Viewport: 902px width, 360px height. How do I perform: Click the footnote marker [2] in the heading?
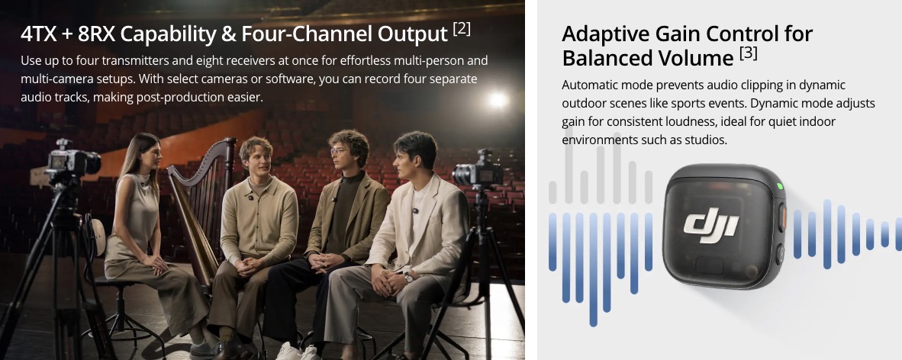[x=462, y=30]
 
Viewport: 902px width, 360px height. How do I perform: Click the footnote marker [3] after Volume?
[x=748, y=54]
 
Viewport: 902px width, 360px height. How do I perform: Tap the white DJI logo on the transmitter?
[x=711, y=222]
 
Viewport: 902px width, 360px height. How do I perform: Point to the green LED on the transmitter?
[x=780, y=186]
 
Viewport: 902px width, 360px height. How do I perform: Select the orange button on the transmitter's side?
[x=782, y=219]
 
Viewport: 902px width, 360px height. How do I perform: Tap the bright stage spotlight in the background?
[x=497, y=100]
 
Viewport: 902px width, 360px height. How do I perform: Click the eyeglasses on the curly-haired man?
[x=339, y=151]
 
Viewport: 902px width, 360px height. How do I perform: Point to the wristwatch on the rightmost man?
[x=408, y=277]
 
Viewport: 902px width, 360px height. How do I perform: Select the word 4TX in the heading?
[x=39, y=34]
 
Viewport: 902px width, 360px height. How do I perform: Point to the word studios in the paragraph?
[x=707, y=140]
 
